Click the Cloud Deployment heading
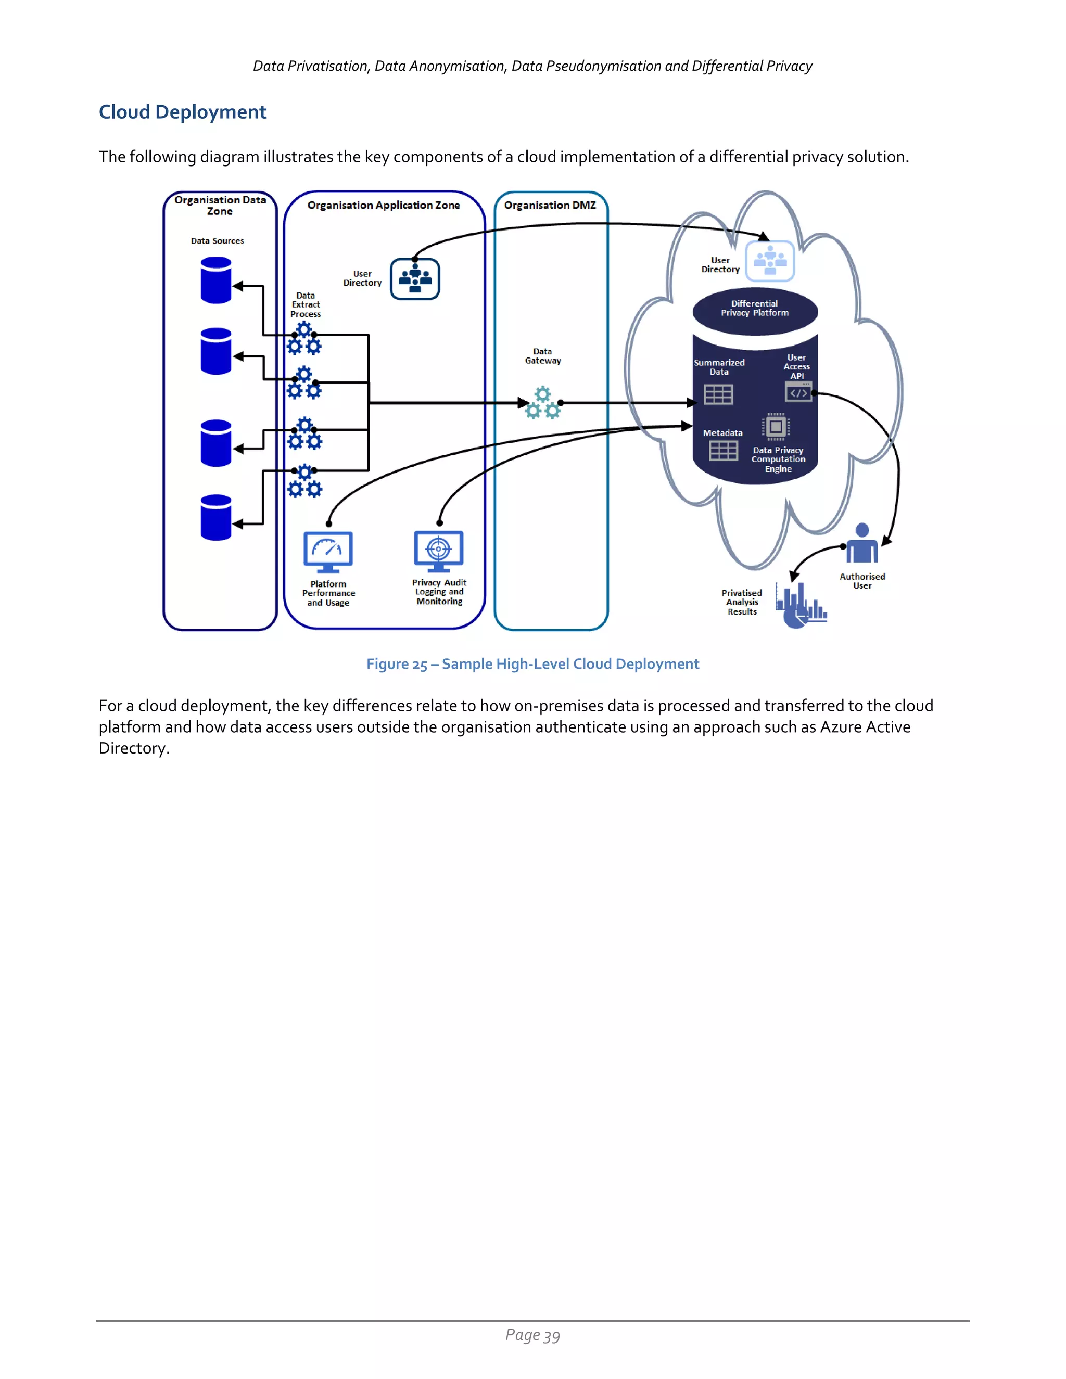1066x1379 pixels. coord(183,112)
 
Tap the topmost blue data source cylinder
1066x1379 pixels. coord(216,280)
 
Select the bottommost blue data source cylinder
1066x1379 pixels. coord(216,517)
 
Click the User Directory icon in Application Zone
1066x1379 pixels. coord(415,278)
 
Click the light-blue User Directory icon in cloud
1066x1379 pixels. coord(770,261)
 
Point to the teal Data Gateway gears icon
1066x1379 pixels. coord(542,403)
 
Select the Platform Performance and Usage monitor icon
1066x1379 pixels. coord(328,551)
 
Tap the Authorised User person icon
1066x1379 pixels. coord(862,544)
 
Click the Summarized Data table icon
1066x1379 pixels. coord(718,394)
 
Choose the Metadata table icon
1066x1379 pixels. coord(723,450)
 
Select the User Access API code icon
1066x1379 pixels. coord(798,392)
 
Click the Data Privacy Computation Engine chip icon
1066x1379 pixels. coord(776,427)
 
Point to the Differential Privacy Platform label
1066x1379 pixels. coord(755,308)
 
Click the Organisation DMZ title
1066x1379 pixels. coord(550,205)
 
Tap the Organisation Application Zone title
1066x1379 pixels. coord(383,205)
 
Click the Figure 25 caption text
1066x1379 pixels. coord(532,664)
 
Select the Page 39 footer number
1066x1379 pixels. coord(532,1335)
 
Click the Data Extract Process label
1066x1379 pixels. coord(306,304)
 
